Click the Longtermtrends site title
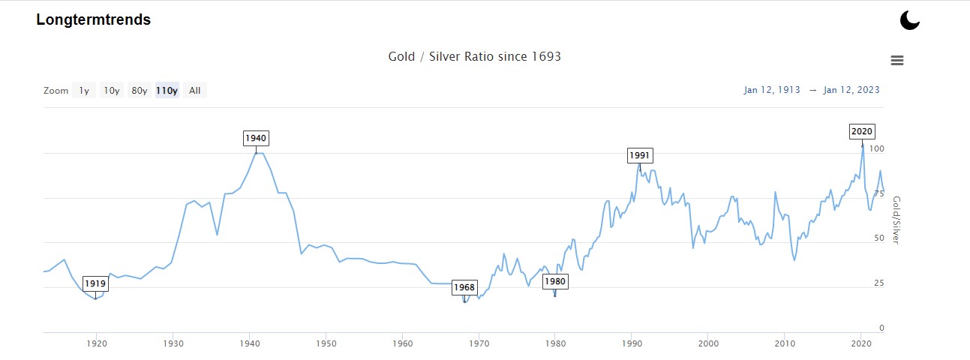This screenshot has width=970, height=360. [x=93, y=20]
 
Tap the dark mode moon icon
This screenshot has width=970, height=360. [x=909, y=20]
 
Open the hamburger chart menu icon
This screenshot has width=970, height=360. [x=896, y=61]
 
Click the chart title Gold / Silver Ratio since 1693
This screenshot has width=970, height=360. [x=474, y=57]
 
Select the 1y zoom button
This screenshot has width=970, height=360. [x=84, y=91]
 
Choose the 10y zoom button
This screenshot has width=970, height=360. [x=112, y=91]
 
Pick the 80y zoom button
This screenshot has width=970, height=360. [x=139, y=91]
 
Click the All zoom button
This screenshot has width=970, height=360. [x=194, y=91]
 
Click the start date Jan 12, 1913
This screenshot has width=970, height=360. [x=771, y=90]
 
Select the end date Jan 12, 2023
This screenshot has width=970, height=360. [x=851, y=90]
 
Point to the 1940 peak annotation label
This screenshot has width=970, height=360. [x=256, y=139]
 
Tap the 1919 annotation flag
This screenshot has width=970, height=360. [x=95, y=283]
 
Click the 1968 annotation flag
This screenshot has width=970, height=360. [x=464, y=287]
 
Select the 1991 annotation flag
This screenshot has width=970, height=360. [x=640, y=155]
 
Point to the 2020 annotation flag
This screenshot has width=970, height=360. [x=862, y=131]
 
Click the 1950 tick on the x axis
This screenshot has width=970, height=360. [x=326, y=343]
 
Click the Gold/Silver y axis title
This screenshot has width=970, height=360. [x=895, y=220]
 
